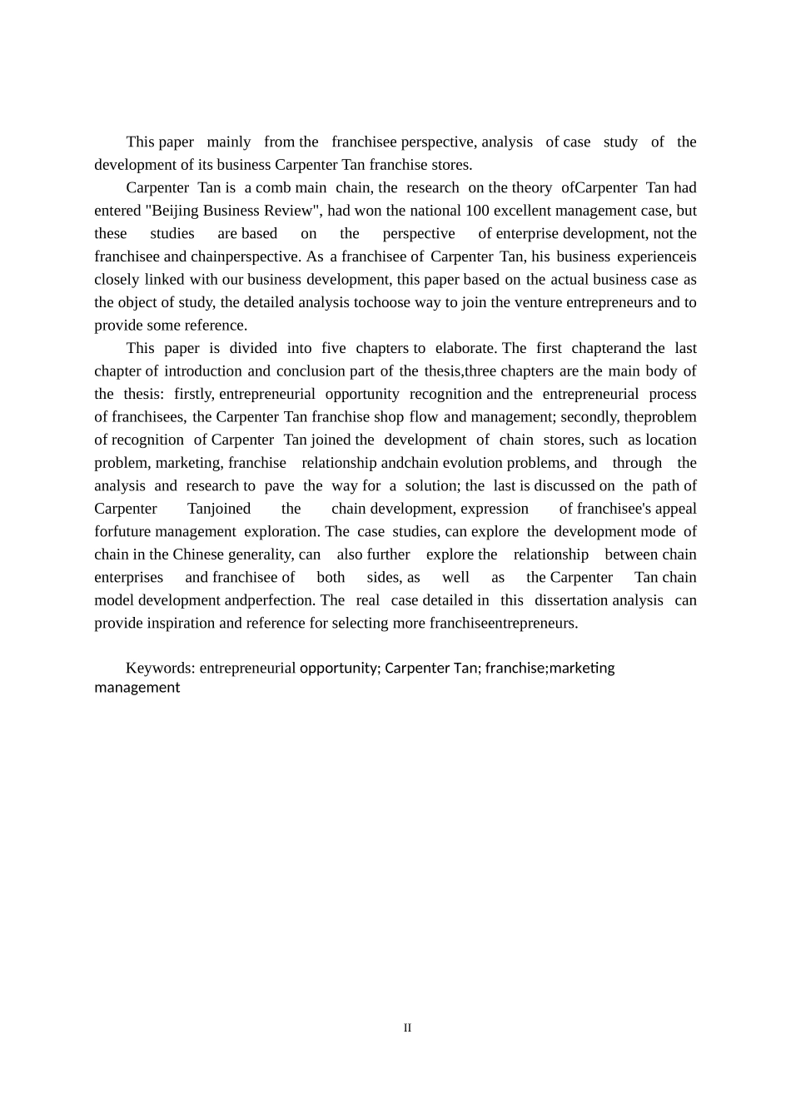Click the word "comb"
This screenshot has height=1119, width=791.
point(273,188)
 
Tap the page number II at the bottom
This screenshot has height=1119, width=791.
point(407,1028)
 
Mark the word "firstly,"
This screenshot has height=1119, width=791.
point(194,395)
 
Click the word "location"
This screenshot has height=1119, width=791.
point(671,440)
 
